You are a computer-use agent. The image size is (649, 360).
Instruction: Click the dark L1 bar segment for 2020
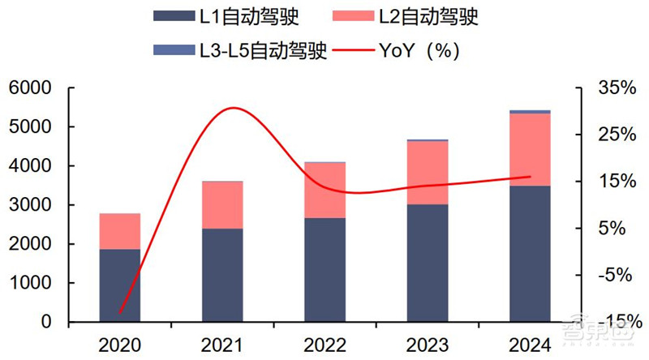pyautogui.click(x=119, y=285)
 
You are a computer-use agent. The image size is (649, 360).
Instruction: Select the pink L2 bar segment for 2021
pyautogui.click(x=222, y=205)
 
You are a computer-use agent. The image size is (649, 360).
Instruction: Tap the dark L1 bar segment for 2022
pyautogui.click(x=324, y=270)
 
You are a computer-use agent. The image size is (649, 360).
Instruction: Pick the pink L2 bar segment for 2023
pyautogui.click(x=428, y=173)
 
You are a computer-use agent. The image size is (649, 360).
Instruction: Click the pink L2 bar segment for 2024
pyautogui.click(x=530, y=150)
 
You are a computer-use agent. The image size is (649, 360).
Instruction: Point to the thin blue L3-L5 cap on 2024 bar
pyautogui.click(x=530, y=111)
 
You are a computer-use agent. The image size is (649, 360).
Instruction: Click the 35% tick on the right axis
pyautogui.click(x=614, y=88)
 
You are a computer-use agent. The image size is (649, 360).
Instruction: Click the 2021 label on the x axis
pyautogui.click(x=222, y=345)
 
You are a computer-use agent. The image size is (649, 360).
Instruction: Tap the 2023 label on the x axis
pyautogui.click(x=428, y=345)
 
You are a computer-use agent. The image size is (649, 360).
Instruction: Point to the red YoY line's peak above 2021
pyautogui.click(x=234, y=108)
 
